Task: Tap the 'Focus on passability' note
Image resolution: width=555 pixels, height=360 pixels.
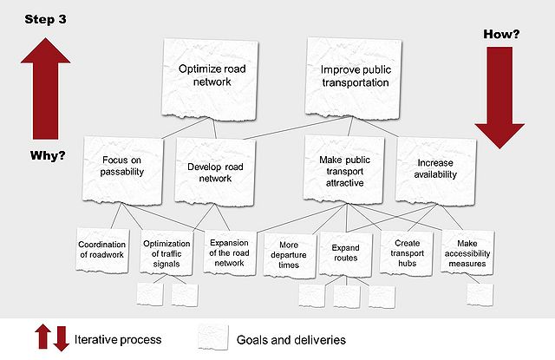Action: point(121,168)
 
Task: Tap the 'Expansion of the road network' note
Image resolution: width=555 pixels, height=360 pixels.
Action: point(229,252)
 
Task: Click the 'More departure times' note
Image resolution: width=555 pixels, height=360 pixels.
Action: point(289,252)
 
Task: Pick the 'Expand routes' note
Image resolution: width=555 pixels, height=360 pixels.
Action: point(345,252)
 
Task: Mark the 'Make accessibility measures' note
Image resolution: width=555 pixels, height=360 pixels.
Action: point(467,252)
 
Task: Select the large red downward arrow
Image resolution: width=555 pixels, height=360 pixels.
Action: point(499,98)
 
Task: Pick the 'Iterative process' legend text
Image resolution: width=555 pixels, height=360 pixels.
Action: point(119,338)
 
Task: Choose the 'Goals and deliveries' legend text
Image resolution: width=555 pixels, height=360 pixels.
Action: point(289,338)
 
